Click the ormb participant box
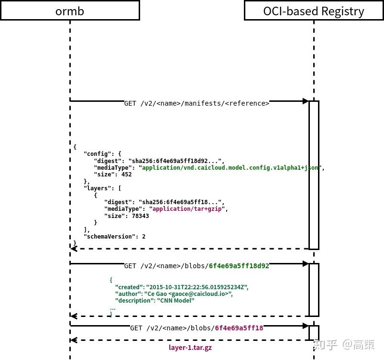(x=70, y=11)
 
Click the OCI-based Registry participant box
(x=313, y=11)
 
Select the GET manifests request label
(x=197, y=103)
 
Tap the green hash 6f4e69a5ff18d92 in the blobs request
(x=239, y=266)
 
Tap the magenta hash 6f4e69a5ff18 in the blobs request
(x=239, y=328)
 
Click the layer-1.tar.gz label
(x=190, y=348)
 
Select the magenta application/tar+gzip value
(x=187, y=209)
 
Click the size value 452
(x=126, y=175)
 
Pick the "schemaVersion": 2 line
(x=114, y=237)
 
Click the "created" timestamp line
(x=182, y=287)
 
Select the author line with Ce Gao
(x=174, y=294)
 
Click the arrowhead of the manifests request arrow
(x=305, y=101)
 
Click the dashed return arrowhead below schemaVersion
(x=74, y=249)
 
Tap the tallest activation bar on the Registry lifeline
(x=314, y=175)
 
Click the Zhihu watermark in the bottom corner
(x=343, y=345)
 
